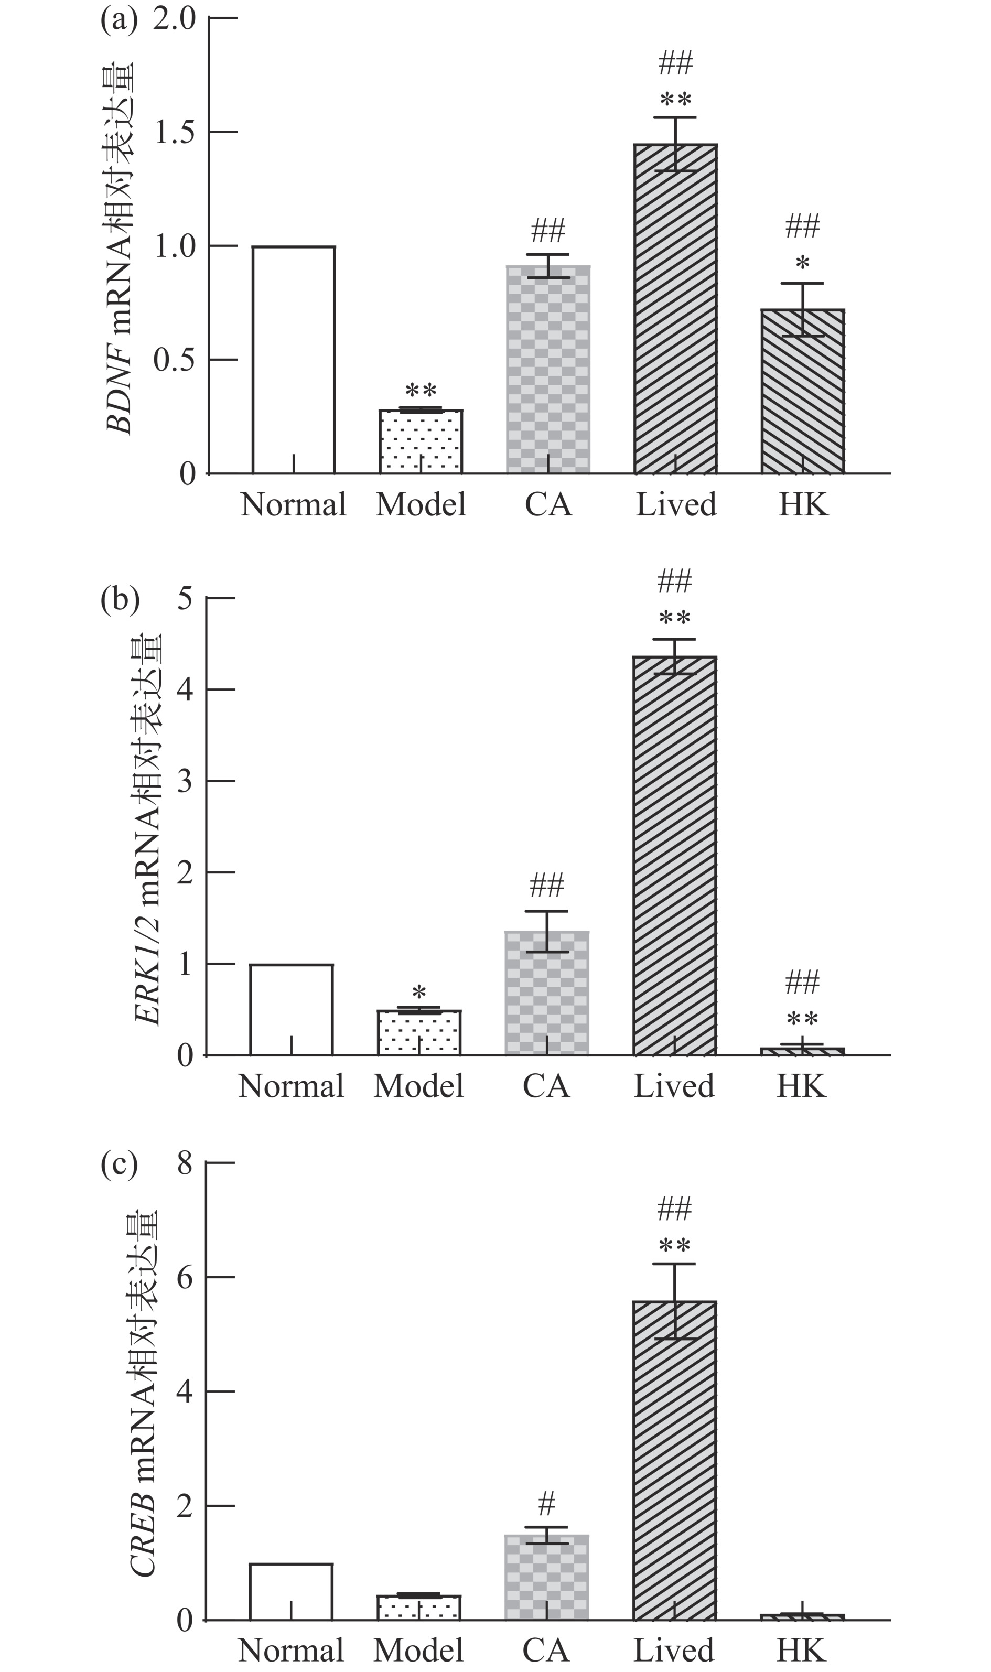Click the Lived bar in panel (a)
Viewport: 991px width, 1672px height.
coord(675,308)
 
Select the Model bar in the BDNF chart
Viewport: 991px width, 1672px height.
coord(421,441)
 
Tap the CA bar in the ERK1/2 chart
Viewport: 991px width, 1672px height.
coord(547,993)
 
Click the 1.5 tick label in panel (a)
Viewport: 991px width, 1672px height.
coord(175,132)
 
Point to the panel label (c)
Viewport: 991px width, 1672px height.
coord(120,1164)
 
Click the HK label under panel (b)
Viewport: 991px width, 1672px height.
coord(801,1086)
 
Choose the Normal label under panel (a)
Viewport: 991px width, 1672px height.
coord(294,505)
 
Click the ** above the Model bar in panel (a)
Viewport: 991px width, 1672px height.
coord(421,390)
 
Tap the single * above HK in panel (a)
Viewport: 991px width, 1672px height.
coord(803,263)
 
